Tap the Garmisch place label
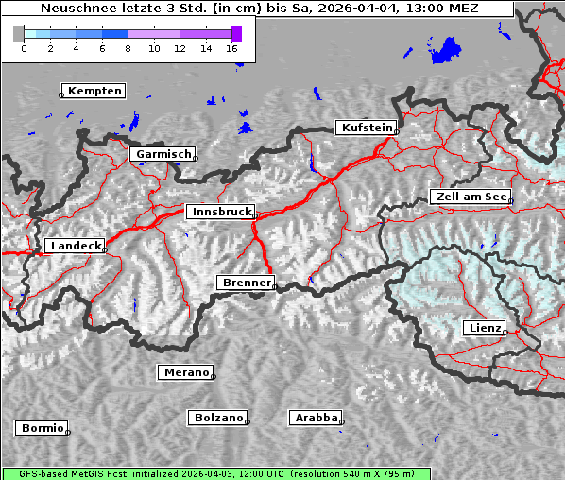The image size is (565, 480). pos(163,154)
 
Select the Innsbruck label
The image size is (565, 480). pos(219,213)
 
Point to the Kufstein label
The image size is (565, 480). pos(366,128)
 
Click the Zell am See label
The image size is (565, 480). pos(470,197)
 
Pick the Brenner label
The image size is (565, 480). pos(246,283)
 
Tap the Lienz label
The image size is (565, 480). pos(484,327)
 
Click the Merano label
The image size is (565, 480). pos(185,372)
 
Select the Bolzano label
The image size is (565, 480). pos(218,418)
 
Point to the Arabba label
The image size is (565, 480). pos(315,417)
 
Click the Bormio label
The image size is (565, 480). pos(43,428)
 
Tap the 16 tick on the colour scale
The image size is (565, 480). pos(232,48)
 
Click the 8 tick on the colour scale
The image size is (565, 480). pos(128,48)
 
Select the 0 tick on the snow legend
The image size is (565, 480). pos(24,48)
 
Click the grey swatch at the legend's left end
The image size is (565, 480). pos(18,33)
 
